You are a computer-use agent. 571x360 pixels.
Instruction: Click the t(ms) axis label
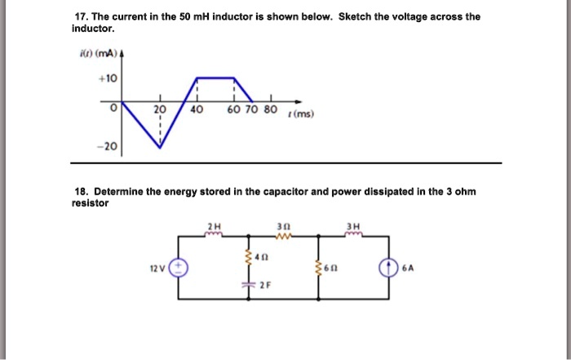tap(303, 115)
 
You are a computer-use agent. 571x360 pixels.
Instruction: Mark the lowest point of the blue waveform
tap(160, 149)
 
